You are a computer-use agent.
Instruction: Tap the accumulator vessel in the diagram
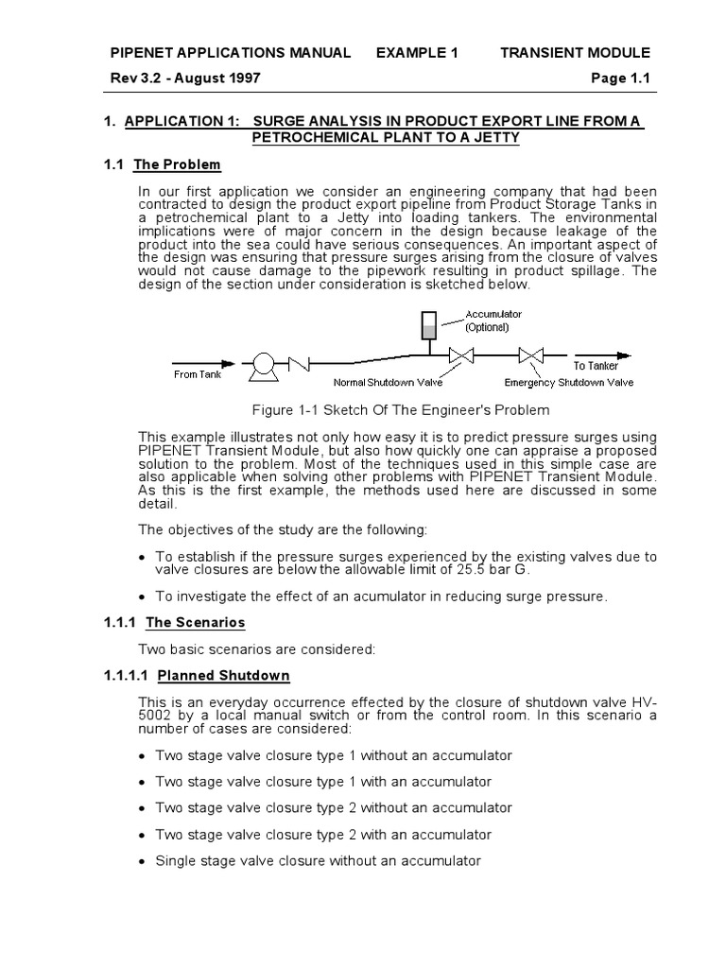tap(427, 326)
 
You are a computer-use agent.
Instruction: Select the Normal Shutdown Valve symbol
tap(462, 356)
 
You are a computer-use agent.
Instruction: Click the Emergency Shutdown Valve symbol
tap(531, 356)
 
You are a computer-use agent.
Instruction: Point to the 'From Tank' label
tap(199, 374)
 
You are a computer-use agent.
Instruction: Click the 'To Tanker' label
tap(596, 366)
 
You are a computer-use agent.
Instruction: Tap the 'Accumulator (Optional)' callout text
tap(493, 320)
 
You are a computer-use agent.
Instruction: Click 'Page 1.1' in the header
tap(620, 78)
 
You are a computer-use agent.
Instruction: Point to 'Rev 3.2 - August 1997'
tap(186, 78)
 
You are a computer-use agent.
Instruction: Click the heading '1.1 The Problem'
tap(162, 164)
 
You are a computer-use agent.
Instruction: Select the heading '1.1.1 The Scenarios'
tap(174, 622)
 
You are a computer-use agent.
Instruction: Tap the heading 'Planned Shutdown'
tap(223, 676)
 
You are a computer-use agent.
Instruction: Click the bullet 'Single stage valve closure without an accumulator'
tap(318, 861)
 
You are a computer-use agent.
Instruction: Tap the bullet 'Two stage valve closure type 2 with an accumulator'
tap(323, 835)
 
